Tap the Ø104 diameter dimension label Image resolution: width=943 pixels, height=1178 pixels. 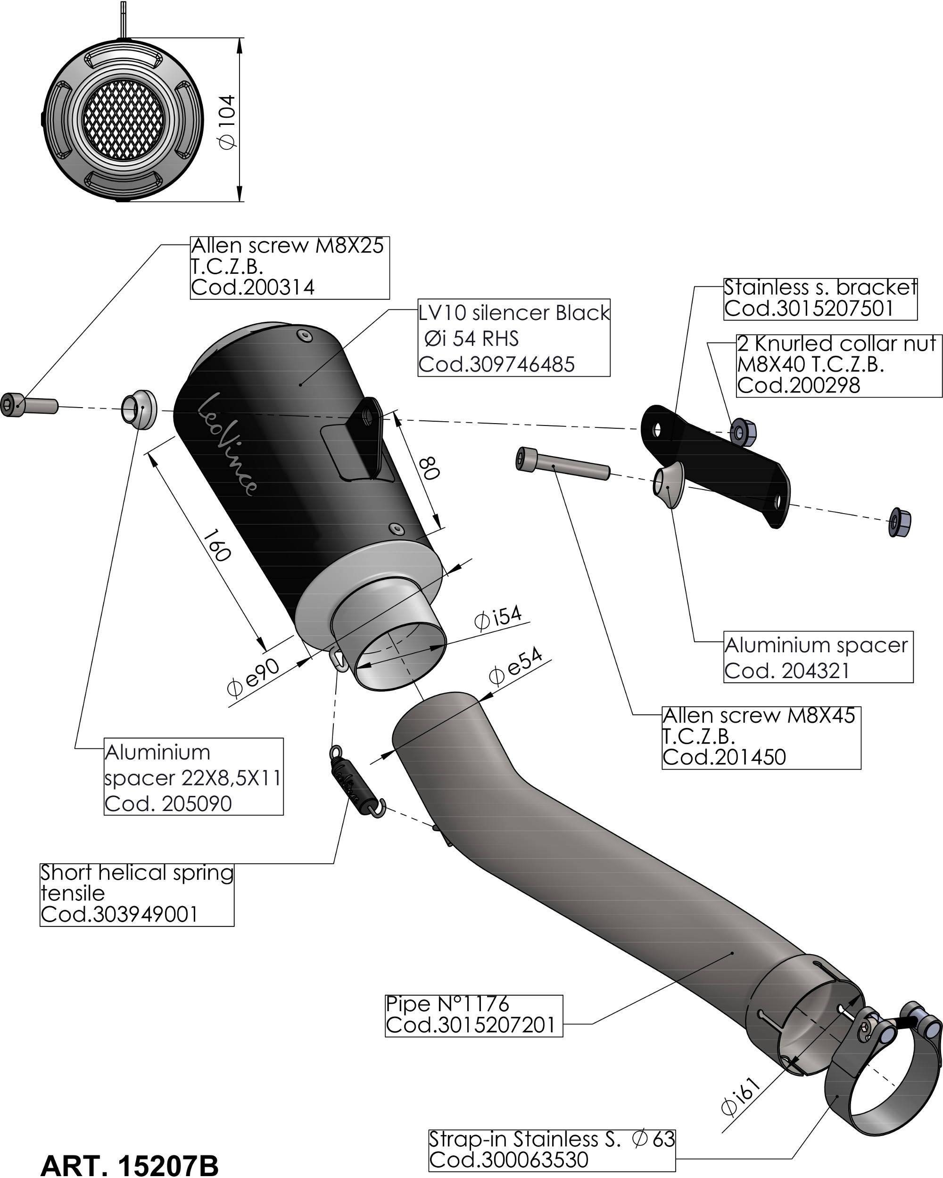pos(226,121)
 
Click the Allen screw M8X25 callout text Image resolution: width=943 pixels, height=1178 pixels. pos(288,246)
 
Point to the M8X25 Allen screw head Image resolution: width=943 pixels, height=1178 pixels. pos(12,404)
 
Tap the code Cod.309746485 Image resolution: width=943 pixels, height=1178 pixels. pos(496,364)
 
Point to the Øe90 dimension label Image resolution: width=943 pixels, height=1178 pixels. pos(254,678)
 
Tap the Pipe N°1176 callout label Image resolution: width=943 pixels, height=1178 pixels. pos(447,1003)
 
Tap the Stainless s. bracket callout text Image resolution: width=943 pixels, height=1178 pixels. pos(820,287)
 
